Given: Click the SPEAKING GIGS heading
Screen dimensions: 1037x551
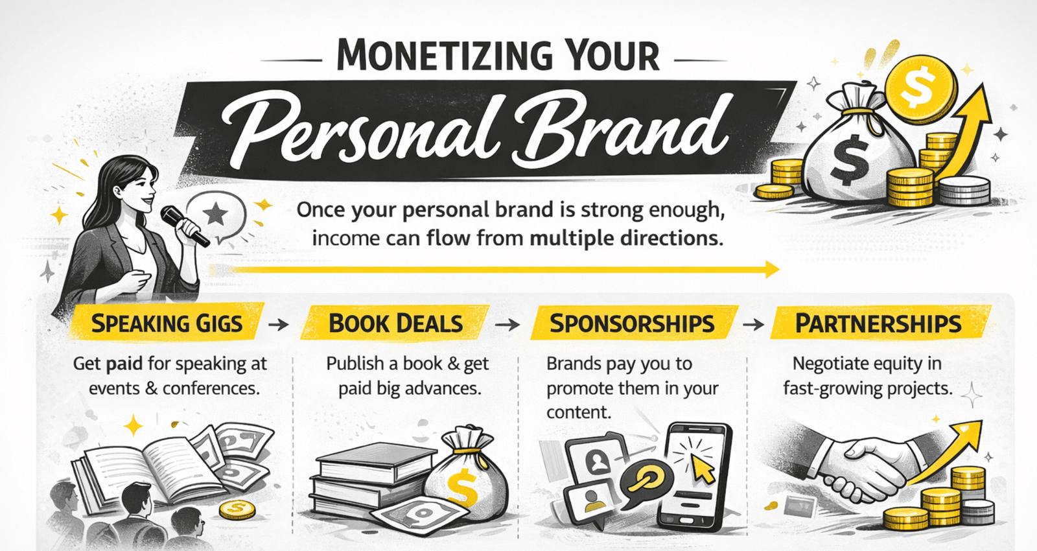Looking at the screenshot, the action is click(167, 323).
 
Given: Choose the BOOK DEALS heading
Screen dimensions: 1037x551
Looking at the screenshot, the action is click(396, 323).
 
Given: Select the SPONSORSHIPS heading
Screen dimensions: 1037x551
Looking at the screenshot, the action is click(633, 323).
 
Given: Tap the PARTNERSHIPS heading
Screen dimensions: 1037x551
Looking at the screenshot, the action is click(878, 323).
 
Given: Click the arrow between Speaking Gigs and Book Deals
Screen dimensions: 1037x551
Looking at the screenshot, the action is click(279, 325).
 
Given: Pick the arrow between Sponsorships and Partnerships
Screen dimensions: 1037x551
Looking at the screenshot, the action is click(753, 325).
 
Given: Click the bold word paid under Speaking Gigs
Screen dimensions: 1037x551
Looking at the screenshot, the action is click(124, 364).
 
